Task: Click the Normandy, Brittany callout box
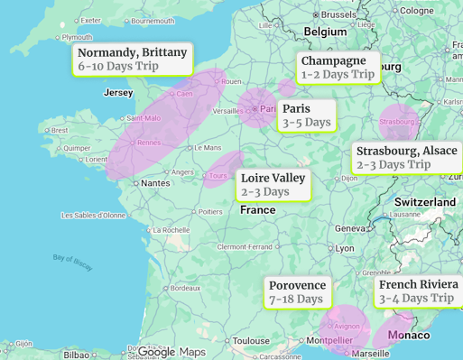(133, 59)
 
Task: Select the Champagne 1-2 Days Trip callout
(338, 67)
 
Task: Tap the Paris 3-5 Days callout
(306, 115)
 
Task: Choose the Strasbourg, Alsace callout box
(406, 157)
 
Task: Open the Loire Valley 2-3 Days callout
(273, 184)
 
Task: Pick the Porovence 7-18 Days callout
(297, 291)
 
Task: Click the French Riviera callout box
(418, 291)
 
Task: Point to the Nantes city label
(156, 182)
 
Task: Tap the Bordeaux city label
(185, 288)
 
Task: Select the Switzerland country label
(424, 202)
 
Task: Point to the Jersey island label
(118, 93)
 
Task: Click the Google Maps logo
(171, 352)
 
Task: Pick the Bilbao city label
(76, 355)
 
